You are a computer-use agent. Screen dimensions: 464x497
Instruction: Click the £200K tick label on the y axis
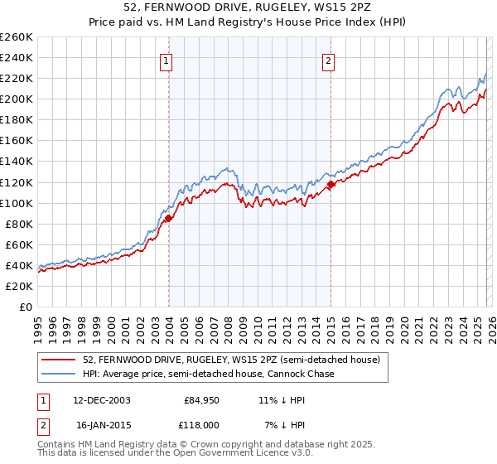pyautogui.click(x=17, y=99)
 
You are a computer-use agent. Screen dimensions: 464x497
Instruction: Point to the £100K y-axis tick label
pyautogui.click(x=17, y=203)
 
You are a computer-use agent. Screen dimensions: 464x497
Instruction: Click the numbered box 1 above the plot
pyautogui.click(x=167, y=60)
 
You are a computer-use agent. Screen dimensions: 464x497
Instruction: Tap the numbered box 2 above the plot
pyautogui.click(x=329, y=60)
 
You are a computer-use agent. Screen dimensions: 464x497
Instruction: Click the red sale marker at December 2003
pyautogui.click(x=168, y=219)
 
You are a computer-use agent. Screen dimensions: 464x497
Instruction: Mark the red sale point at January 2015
pyautogui.click(x=331, y=185)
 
